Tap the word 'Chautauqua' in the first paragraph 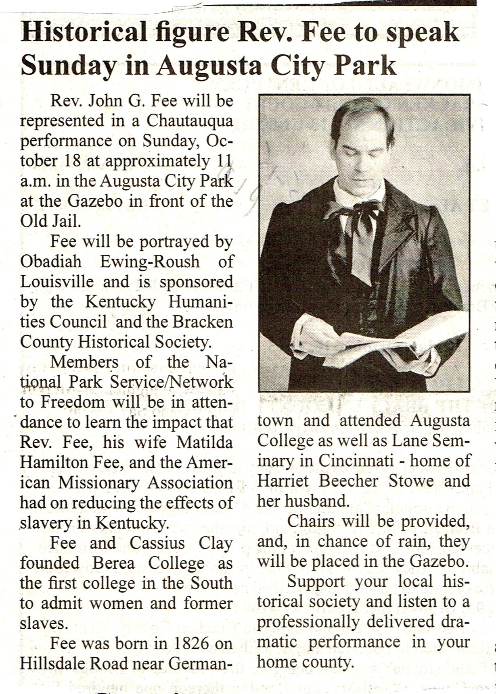[190, 121]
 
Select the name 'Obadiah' [51, 262]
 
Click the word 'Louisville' [57, 282]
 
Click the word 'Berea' [114, 563]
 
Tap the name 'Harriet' [278, 481]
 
